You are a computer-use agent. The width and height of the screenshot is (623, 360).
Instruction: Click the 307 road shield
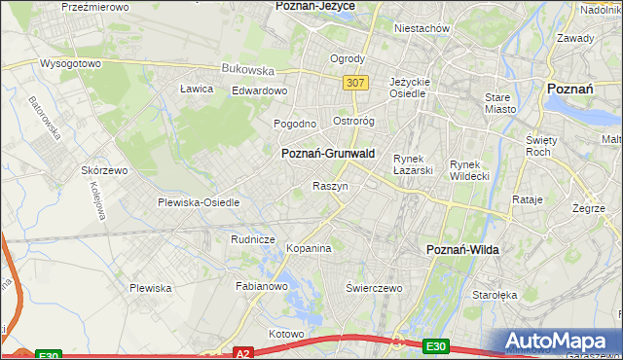click(x=355, y=83)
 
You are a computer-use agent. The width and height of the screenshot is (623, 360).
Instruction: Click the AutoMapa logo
click(x=559, y=342)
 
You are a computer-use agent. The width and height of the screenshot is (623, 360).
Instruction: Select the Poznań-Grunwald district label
click(x=328, y=154)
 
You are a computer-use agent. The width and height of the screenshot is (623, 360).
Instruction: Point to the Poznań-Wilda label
click(x=463, y=250)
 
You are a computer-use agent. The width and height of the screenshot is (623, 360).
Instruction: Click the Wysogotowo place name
click(x=70, y=63)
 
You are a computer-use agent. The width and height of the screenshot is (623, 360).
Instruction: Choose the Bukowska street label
click(x=248, y=69)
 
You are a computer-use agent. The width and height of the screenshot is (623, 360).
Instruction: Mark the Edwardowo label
click(x=259, y=90)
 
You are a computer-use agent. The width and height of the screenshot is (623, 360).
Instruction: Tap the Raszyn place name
click(x=330, y=185)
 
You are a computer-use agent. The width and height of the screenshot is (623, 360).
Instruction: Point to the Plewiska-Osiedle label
click(x=199, y=202)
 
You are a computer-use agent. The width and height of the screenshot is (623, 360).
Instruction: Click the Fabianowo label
click(x=262, y=286)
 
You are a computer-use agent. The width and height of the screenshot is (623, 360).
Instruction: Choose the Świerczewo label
click(x=375, y=288)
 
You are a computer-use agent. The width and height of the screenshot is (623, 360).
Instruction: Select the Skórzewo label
click(x=105, y=169)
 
